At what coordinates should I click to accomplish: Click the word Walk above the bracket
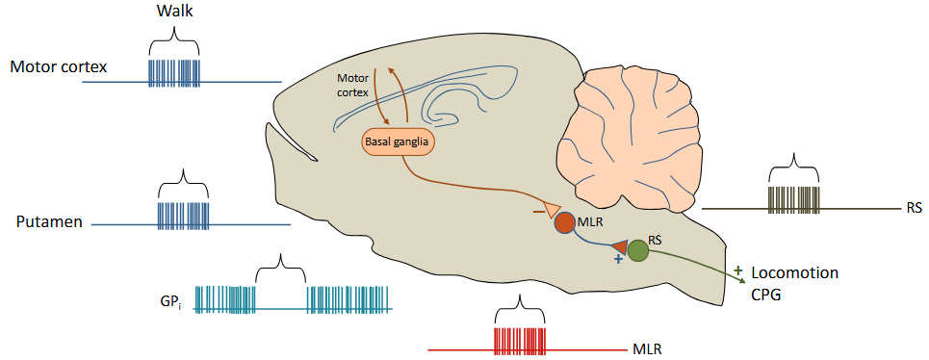pos(174,13)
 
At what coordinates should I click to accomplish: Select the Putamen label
pos(47,222)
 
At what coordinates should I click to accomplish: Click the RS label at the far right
pos(913,207)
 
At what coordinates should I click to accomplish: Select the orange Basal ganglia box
pos(398,142)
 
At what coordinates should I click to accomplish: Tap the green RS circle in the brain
pos(637,251)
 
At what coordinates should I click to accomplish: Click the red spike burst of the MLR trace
pos(519,342)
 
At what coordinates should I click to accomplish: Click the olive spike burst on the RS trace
pos(793,199)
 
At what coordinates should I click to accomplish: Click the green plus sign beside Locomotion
pos(738,270)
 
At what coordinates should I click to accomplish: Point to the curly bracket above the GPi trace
pos(280,263)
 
